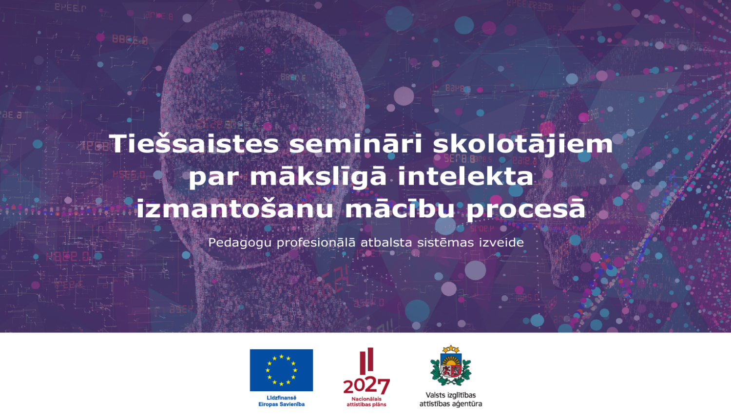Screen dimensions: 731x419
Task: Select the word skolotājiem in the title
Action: pyautogui.click(x=523, y=144)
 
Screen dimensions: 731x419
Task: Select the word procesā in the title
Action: pyautogui.click(x=526, y=209)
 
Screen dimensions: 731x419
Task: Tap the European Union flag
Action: pyautogui.click(x=281, y=370)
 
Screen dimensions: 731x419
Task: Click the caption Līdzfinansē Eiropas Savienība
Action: pyautogui.click(x=281, y=401)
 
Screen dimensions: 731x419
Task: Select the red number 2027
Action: pyautogui.click(x=366, y=386)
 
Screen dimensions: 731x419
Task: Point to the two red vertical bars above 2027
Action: pyautogui.click(x=366, y=361)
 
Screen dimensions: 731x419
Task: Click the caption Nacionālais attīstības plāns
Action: pyautogui.click(x=366, y=402)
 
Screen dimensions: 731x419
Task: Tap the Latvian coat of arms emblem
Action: pyautogui.click(x=451, y=365)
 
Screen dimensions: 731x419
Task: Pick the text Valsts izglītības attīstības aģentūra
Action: pyautogui.click(x=451, y=400)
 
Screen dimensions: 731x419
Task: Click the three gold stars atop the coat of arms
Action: pyautogui.click(x=451, y=349)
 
